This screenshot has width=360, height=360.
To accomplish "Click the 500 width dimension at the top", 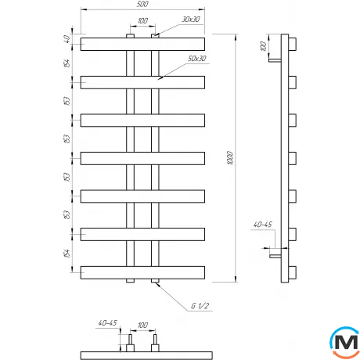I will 142,5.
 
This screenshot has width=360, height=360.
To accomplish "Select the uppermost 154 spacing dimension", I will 67,62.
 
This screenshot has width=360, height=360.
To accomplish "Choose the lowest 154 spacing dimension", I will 67,252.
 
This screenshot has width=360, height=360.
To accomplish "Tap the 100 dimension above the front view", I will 142,22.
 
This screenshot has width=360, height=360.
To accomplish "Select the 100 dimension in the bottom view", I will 142,323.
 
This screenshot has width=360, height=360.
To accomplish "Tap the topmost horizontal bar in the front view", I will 142,41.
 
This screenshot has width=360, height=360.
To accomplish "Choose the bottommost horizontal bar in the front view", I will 142,272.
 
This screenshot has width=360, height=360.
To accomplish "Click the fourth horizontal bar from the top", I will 142,157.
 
